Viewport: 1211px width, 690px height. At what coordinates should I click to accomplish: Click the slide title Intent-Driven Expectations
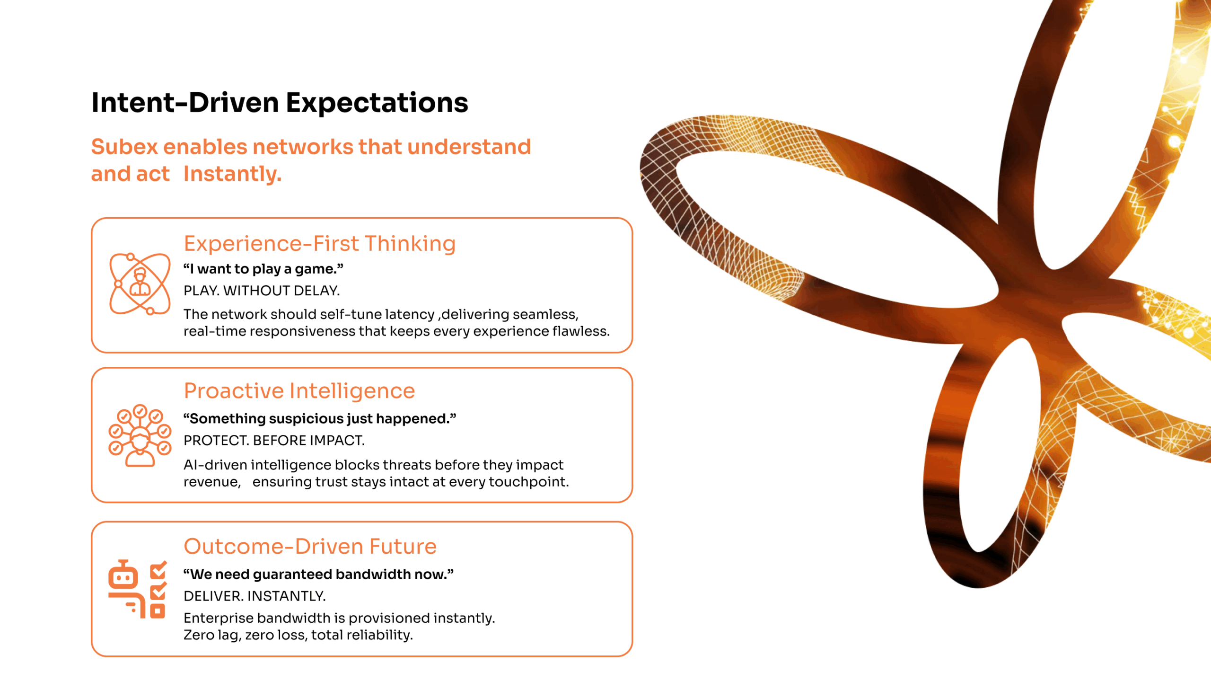tap(280, 103)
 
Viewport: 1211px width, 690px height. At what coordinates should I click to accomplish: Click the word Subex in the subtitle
tap(124, 147)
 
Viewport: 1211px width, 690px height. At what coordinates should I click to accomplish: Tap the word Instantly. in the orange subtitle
tap(233, 174)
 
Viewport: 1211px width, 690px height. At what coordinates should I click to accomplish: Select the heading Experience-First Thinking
tap(320, 244)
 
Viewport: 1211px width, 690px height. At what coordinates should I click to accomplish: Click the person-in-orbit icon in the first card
tap(140, 284)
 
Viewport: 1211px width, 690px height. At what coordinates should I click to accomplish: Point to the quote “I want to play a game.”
tap(263, 269)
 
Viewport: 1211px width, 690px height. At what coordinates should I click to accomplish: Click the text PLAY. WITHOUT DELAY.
tap(262, 291)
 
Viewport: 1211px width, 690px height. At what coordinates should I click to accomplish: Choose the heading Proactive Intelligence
tap(299, 391)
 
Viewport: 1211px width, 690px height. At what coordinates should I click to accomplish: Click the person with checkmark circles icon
tap(140, 435)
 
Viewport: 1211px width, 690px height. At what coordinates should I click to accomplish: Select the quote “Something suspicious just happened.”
tap(320, 419)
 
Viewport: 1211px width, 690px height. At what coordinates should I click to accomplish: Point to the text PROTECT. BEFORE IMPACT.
tap(274, 440)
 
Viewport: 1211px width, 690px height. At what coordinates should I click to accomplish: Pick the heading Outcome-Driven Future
tap(310, 547)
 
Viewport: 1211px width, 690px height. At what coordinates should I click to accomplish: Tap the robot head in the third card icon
tap(123, 575)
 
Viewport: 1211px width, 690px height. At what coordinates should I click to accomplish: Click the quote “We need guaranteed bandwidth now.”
tap(318, 575)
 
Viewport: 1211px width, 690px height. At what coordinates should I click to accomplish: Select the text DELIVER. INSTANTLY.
tap(255, 596)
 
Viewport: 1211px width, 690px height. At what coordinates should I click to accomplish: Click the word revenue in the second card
tap(211, 482)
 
